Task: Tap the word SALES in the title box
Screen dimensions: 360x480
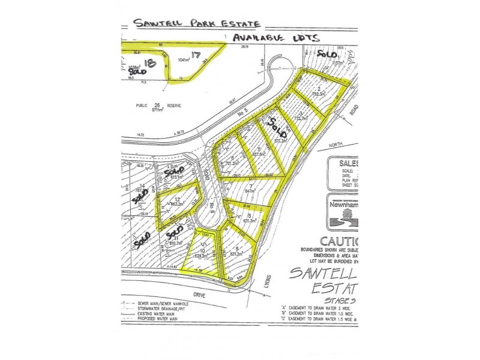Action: (344, 163)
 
